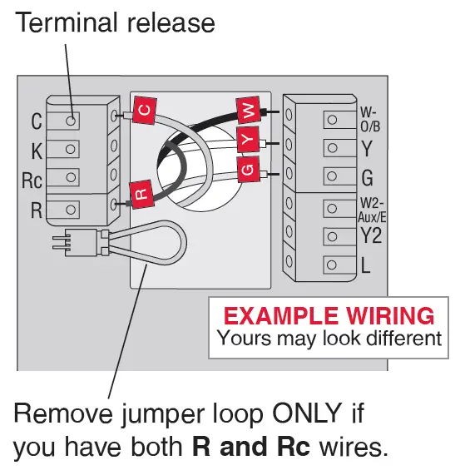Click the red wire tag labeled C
pyautogui.click(x=143, y=109)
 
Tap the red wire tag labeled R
pyautogui.click(x=141, y=196)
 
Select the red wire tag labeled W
pyautogui.click(x=248, y=109)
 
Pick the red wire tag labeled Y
pyautogui.click(x=247, y=141)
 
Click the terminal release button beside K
pyautogui.click(x=72, y=150)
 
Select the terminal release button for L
pyautogui.click(x=332, y=265)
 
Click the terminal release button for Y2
pyautogui.click(x=332, y=236)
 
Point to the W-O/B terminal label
pyautogui.click(x=369, y=119)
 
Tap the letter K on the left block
pyautogui.click(x=36, y=151)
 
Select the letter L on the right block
pyautogui.click(x=366, y=266)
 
